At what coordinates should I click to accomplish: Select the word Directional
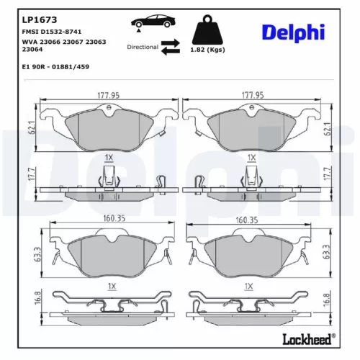[142, 46]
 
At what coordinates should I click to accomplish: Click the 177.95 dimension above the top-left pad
[109, 95]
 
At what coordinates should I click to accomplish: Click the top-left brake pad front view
[108, 130]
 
